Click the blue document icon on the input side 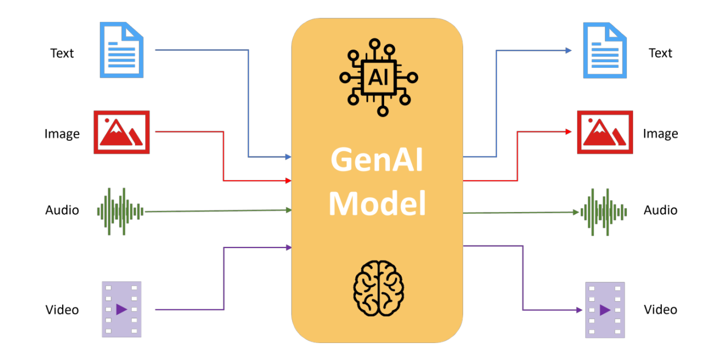coord(121,50)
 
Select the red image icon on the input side coord(121,132)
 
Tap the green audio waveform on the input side coord(120,211)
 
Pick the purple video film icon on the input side coord(121,309)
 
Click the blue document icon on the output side coord(605,50)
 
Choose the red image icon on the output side coord(605,132)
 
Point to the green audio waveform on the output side coord(604,212)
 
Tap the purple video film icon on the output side coord(605,310)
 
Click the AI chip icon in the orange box coord(378,77)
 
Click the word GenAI coord(377,161)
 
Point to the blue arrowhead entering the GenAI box coord(288,157)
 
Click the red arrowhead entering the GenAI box coord(288,181)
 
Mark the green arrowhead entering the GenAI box coord(288,210)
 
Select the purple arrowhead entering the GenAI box coord(288,247)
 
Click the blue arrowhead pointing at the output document coord(568,50)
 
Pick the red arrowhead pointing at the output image coord(568,132)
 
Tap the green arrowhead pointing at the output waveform coord(576,212)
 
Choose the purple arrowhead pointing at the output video coord(578,310)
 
